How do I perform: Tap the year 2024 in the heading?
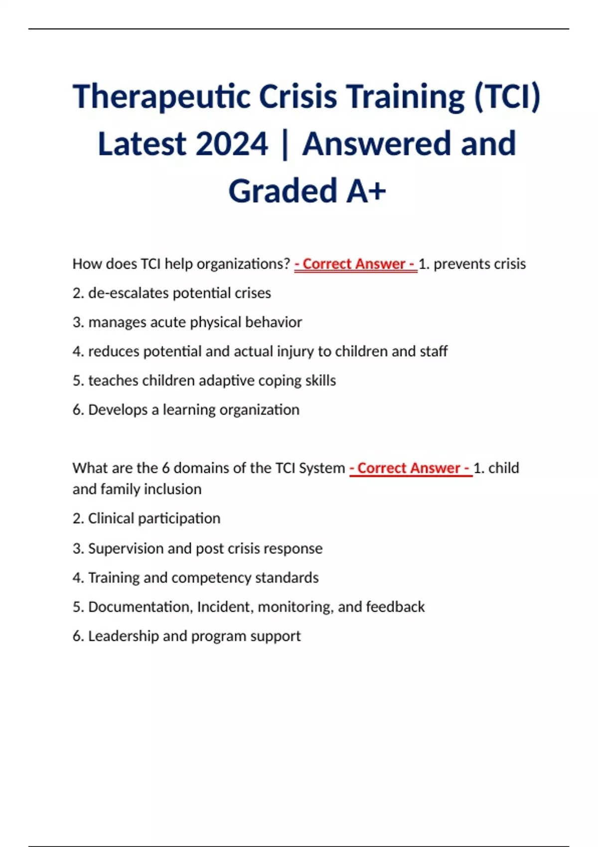click(x=232, y=144)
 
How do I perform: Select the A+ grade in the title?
click(x=366, y=191)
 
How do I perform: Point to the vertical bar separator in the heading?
click(x=285, y=144)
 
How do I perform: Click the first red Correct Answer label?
click(x=355, y=264)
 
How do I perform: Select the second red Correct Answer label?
click(x=411, y=468)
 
